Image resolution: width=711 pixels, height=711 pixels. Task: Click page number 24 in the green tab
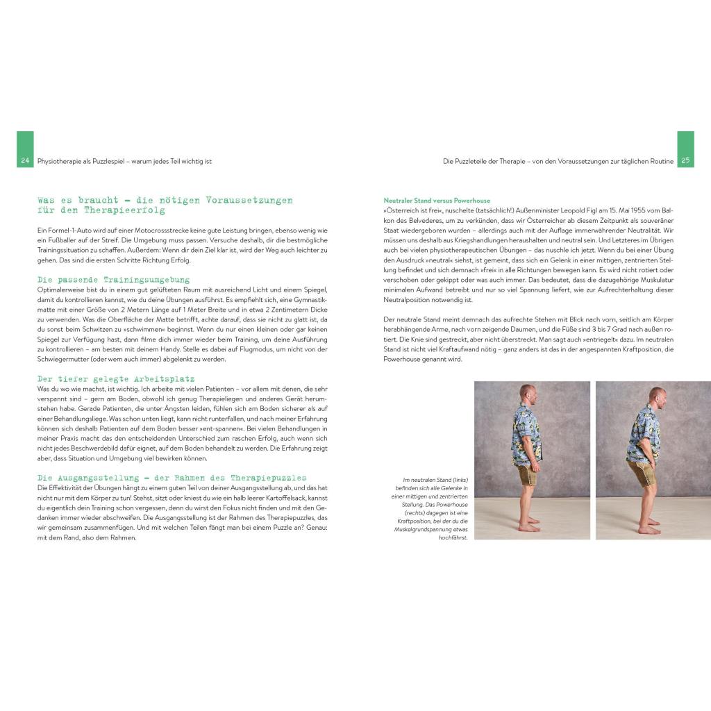[25, 160]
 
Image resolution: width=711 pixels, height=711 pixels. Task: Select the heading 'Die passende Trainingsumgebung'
[113, 279]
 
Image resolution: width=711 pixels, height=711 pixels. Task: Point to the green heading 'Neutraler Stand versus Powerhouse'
[436, 201]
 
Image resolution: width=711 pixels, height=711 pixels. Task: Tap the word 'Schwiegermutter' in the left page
[63, 359]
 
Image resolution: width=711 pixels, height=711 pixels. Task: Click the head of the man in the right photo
[656, 398]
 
